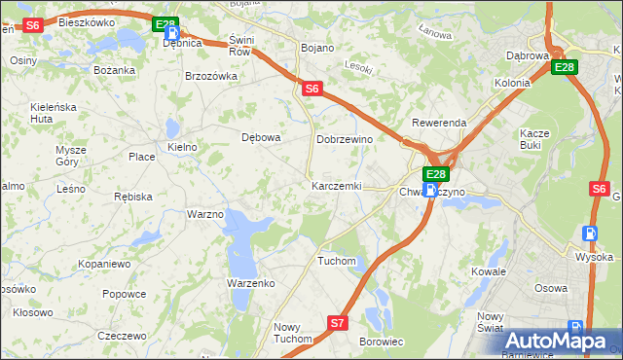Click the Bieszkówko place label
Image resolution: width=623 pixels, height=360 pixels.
coord(86,21)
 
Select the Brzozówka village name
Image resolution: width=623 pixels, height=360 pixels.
coord(211,76)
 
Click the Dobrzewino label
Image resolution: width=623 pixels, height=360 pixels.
coord(346,139)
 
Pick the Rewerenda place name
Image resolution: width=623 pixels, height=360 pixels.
coord(439,124)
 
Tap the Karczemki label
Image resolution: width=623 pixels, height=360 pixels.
coord(336,185)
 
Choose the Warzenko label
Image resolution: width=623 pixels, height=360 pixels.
coord(251,282)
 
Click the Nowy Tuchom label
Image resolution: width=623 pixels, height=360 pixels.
coord(292,333)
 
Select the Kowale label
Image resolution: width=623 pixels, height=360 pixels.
coord(490,271)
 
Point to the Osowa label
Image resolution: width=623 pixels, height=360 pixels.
coord(551,288)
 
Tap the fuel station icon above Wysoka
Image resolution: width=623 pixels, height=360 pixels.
coord(588,234)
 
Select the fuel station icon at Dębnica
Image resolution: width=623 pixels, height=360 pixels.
coord(171,31)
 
